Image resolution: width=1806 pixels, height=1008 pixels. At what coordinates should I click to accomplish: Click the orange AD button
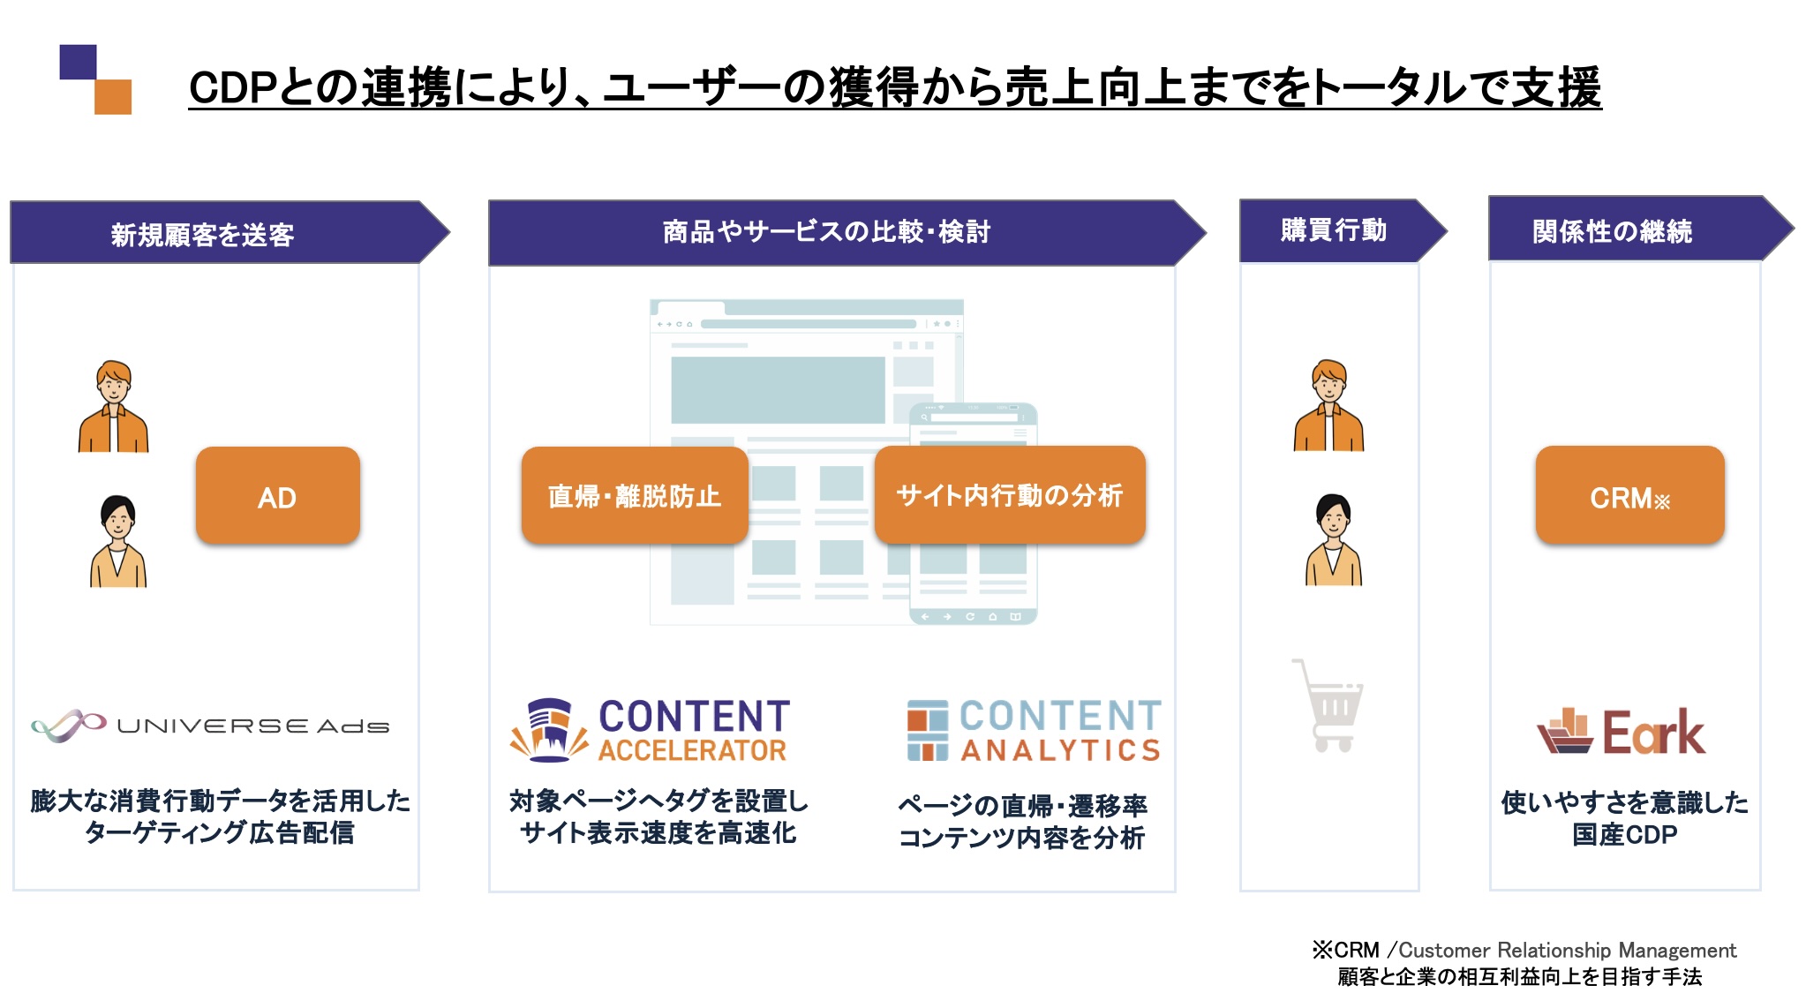pyautogui.click(x=277, y=496)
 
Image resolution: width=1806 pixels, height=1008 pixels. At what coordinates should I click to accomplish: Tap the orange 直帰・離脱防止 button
pyautogui.click(x=634, y=496)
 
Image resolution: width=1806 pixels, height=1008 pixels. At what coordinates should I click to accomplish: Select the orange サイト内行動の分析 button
pyautogui.click(x=1009, y=495)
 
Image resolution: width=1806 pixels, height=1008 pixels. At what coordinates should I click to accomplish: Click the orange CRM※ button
pyautogui.click(x=1629, y=496)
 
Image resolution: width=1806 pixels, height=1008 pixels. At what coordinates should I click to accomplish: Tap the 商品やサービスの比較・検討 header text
pyautogui.click(x=826, y=231)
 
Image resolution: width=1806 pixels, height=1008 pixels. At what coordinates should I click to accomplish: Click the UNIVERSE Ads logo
pyautogui.click(x=210, y=726)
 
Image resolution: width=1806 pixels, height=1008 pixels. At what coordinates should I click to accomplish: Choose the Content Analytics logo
pyautogui.click(x=1033, y=730)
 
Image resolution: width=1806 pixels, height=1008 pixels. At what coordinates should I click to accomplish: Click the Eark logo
pyautogui.click(x=1621, y=732)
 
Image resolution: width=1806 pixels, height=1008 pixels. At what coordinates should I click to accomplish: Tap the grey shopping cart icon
pyautogui.click(x=1329, y=705)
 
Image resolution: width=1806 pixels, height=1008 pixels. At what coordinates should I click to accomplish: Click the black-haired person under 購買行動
pyautogui.click(x=1333, y=539)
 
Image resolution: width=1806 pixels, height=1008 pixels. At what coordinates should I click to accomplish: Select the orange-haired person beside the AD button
pyautogui.click(x=113, y=406)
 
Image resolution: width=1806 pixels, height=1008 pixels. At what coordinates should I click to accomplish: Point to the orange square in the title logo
pyautogui.click(x=113, y=97)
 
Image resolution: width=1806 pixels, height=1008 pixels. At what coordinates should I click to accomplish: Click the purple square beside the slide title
pyautogui.click(x=78, y=62)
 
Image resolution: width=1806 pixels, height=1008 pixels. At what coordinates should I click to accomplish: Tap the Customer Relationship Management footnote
pyautogui.click(x=1524, y=951)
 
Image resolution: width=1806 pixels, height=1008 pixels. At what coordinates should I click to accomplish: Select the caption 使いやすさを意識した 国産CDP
pyautogui.click(x=1624, y=817)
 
